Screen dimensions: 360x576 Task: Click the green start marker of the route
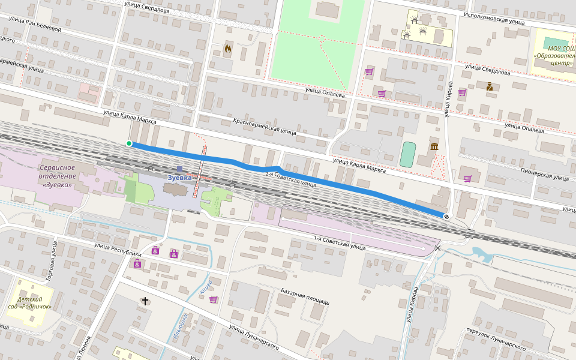click(x=129, y=143)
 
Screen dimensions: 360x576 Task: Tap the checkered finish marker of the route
click(x=446, y=216)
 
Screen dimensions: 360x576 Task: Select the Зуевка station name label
click(x=179, y=178)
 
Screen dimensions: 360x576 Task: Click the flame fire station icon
click(x=227, y=48)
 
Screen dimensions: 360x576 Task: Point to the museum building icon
click(x=434, y=147)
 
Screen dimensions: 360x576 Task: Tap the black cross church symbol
click(x=145, y=301)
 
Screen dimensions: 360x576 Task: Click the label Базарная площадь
click(x=304, y=296)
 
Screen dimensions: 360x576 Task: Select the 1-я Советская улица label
click(x=340, y=243)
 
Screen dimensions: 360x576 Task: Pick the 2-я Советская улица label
click(x=290, y=178)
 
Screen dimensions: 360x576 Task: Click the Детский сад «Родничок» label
click(x=30, y=302)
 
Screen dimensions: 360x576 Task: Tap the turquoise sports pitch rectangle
click(x=408, y=154)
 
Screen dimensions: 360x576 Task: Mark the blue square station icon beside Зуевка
click(x=179, y=169)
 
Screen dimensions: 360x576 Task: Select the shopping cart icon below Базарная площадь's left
click(x=214, y=299)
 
